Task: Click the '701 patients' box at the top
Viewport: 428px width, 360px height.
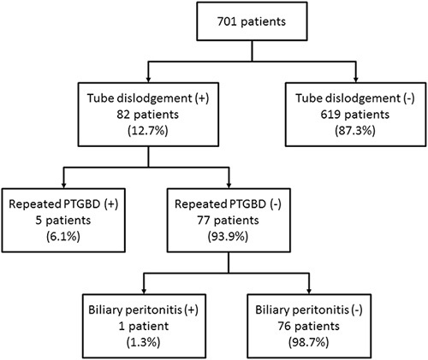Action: tap(252, 21)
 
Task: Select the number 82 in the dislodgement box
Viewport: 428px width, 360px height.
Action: tap(123, 115)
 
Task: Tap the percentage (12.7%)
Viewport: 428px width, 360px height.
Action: tap(148, 131)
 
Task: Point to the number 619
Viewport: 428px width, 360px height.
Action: tap(330, 115)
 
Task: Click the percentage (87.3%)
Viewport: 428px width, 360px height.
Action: tap(355, 131)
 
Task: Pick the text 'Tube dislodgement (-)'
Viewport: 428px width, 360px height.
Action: tap(355, 98)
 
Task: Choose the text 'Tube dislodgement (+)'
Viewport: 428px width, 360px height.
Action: tap(148, 98)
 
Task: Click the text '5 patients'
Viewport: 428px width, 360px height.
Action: tap(63, 221)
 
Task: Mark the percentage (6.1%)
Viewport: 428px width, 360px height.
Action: tap(63, 237)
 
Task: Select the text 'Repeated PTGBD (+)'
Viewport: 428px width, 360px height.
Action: tap(63, 204)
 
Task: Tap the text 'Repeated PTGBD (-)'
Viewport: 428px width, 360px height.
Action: tap(229, 204)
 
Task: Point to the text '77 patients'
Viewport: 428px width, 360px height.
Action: tap(229, 221)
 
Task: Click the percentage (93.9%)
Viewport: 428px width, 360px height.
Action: tap(229, 237)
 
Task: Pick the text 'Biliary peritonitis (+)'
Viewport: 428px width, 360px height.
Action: tap(144, 310)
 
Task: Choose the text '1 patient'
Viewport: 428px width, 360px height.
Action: tap(144, 327)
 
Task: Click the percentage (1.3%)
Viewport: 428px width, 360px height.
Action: tap(144, 343)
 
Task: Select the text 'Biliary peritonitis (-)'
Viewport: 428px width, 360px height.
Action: tap(309, 310)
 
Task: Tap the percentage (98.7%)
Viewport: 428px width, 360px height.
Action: tap(309, 343)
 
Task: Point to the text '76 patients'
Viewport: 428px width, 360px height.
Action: tap(309, 327)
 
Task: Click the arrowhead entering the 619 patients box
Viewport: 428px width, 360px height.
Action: tap(355, 80)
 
